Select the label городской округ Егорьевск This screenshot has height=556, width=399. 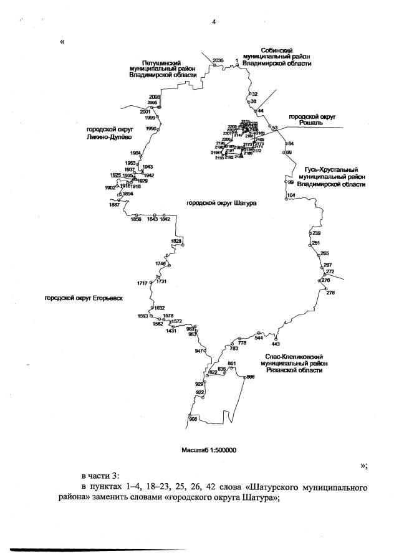(84, 298)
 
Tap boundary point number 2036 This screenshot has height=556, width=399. (218, 60)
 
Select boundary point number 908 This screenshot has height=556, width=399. (193, 419)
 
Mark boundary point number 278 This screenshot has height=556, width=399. (330, 293)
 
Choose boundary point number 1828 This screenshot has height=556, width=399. (176, 241)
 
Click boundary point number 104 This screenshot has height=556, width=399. (291, 195)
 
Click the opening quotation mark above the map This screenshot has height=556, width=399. (62, 42)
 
